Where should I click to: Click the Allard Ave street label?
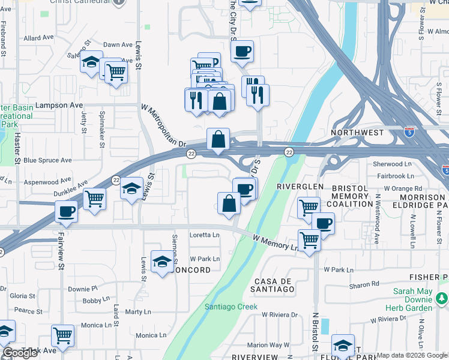[39, 38]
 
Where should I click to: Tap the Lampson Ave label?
[59, 105]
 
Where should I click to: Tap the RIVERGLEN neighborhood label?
[295, 187]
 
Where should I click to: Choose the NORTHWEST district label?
[357, 132]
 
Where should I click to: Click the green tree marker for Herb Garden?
[442, 298]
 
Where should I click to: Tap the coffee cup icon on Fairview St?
[66, 211]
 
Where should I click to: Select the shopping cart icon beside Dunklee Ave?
[95, 199]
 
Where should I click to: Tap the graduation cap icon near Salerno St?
[91, 63]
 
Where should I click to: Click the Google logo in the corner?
[19, 353]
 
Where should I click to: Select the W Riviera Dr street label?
[279, 314]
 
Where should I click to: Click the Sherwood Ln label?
[392, 163]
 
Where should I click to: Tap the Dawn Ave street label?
[118, 44]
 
